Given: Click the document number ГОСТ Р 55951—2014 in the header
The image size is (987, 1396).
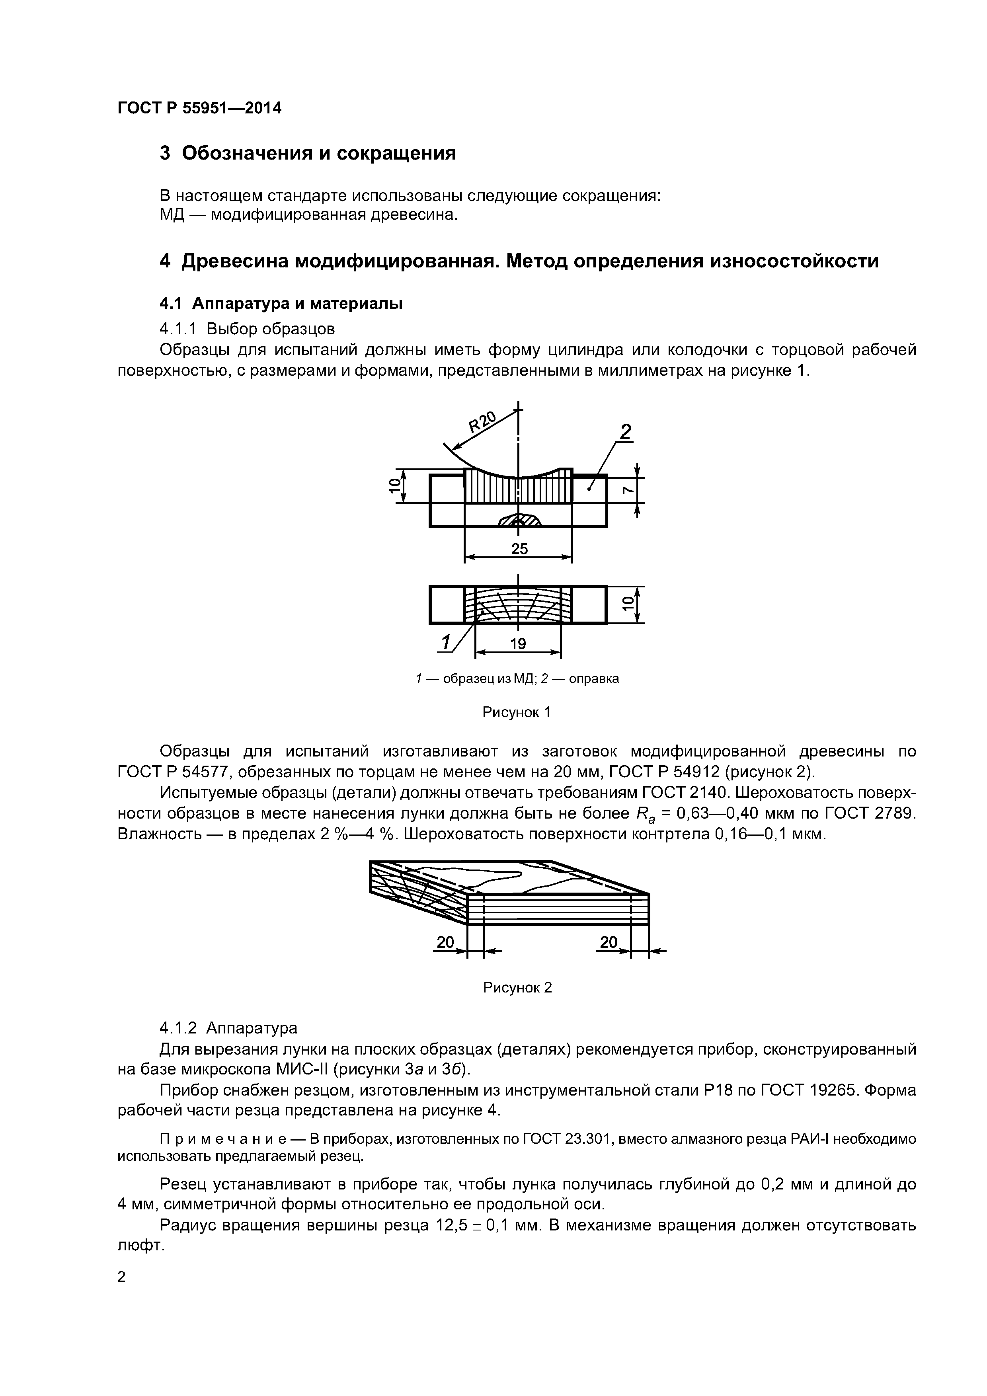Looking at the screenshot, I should [199, 108].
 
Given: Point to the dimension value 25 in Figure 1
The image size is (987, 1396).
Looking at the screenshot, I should [519, 549].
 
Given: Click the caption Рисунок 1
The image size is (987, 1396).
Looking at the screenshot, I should [516, 712].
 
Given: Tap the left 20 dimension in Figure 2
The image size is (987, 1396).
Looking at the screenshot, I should [445, 942].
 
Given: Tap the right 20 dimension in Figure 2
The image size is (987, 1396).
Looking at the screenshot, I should [608, 942].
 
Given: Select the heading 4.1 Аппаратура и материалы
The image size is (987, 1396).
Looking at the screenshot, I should [281, 303].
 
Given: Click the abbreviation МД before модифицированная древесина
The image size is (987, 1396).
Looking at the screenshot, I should [172, 215].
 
